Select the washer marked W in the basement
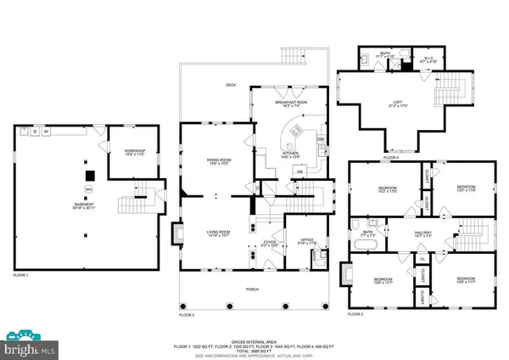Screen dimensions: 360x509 (46, 132)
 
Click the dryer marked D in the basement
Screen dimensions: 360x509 (35, 132)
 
